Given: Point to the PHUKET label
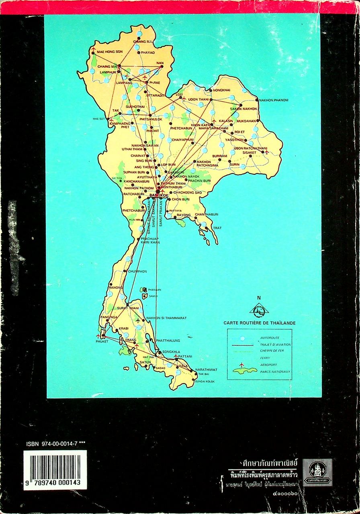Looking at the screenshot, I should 102,341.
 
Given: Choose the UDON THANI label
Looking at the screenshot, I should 198,99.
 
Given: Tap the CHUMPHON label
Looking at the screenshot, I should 137,271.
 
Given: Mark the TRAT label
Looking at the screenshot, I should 217,228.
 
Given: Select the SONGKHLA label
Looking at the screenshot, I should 171,351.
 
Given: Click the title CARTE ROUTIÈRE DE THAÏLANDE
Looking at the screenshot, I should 260,323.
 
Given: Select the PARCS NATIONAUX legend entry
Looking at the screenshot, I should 275,371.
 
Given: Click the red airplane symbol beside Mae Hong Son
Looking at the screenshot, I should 94,50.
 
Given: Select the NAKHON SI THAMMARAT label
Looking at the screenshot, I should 166,318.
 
